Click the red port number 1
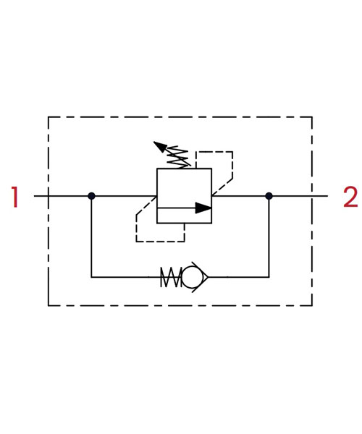pyautogui.click(x=14, y=197)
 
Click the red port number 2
pyautogui.click(x=350, y=197)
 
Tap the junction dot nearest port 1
pyautogui.click(x=91, y=196)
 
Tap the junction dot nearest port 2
pyautogui.click(x=269, y=196)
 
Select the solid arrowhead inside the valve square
pyautogui.click(x=203, y=208)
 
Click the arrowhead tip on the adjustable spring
pyautogui.click(x=154, y=142)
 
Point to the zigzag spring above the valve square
pyautogui.click(x=178, y=157)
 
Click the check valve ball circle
pyautogui.click(x=192, y=277)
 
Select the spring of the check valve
pyautogui.click(x=171, y=277)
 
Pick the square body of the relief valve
pyautogui.click(x=184, y=196)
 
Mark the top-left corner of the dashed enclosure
pyautogui.click(x=49, y=116)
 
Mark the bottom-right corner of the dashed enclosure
pyautogui.click(x=312, y=305)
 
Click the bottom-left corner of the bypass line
pyautogui.click(x=91, y=277)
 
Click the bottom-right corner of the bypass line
pyautogui.click(x=269, y=277)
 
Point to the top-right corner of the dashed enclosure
pyautogui.click(x=312, y=116)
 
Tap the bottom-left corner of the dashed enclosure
pyautogui.click(x=49, y=305)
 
